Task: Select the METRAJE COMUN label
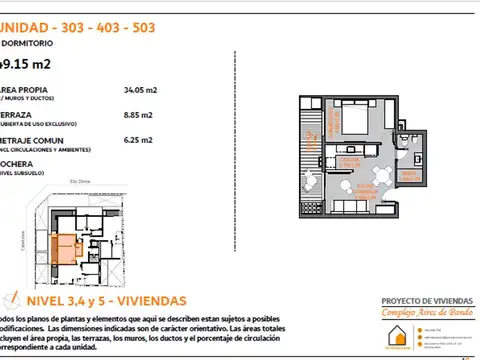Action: pyautogui.click(x=35, y=141)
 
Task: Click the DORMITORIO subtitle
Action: pyautogui.click(x=29, y=44)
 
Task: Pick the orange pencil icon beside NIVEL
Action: pyautogui.click(x=10, y=299)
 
